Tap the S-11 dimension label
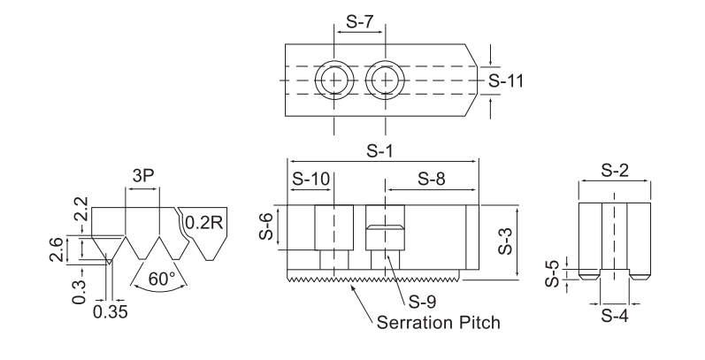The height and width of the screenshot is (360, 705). [x=507, y=80]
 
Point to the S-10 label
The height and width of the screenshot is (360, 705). [x=310, y=178]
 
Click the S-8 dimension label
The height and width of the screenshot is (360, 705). [x=432, y=178]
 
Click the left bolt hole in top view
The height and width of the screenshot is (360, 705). [x=334, y=80]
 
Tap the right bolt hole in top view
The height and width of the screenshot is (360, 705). [x=385, y=80]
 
